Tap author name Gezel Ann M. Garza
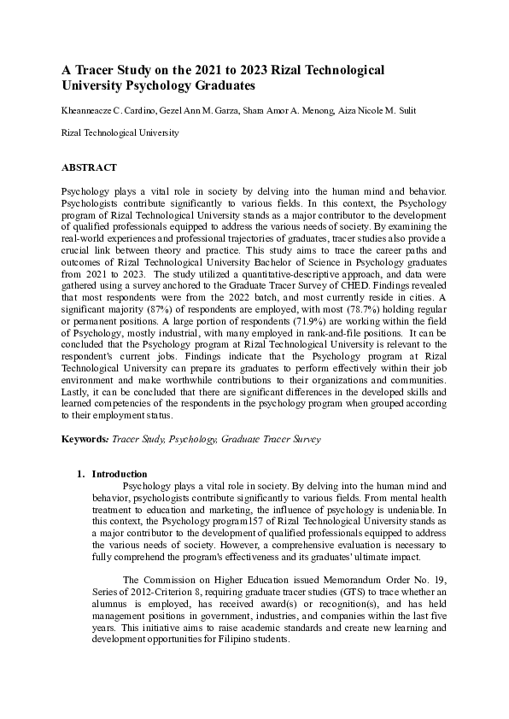tap(210, 112)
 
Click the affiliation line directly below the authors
tap(120, 133)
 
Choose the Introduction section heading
tap(120, 474)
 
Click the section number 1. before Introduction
tap(81, 474)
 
